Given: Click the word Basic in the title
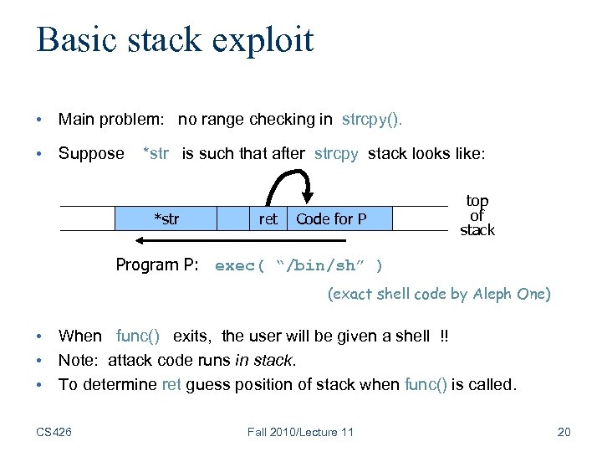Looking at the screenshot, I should coord(74,40).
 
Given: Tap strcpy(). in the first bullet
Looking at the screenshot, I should coord(372,120).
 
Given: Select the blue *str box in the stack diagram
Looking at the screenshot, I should coord(166,219).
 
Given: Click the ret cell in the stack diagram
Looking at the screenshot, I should coord(268,219).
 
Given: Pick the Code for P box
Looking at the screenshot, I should coord(331,219).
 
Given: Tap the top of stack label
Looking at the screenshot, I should coord(477,215).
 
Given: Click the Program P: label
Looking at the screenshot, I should coord(157,265).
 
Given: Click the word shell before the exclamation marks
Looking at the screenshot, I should coord(411,336).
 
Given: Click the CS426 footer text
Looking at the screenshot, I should coord(54,432).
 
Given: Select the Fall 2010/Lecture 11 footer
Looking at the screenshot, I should coord(301,432).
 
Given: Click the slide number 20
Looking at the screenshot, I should coord(563,432).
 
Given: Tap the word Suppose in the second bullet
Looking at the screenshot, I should coord(91,153).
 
